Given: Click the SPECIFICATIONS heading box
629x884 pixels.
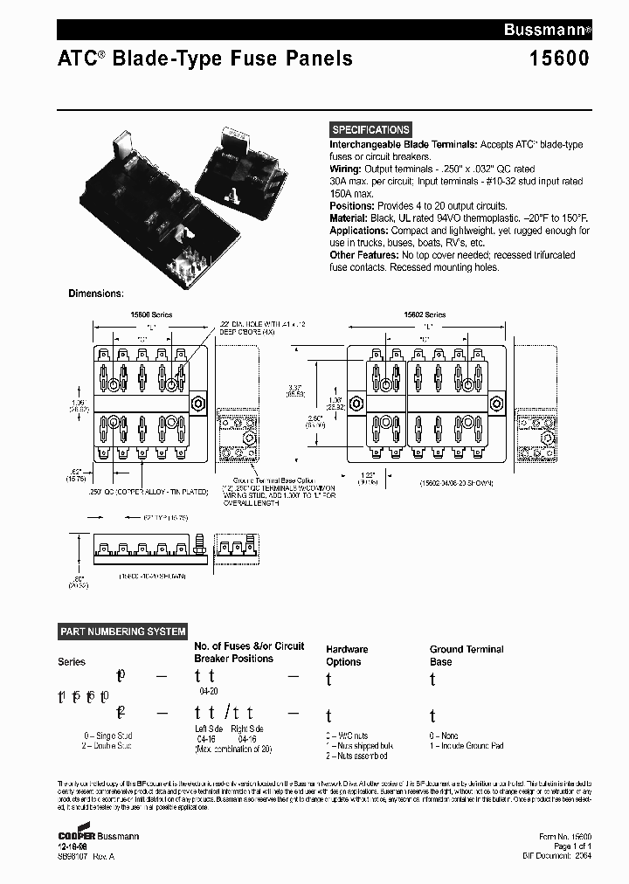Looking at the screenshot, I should pyautogui.click(x=370, y=129).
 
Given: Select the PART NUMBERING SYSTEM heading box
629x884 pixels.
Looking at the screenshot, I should pyautogui.click(x=123, y=632).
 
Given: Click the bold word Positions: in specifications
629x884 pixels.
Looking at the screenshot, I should pyautogui.click(x=353, y=205).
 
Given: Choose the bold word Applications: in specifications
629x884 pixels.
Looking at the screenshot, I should pyautogui.click(x=359, y=231).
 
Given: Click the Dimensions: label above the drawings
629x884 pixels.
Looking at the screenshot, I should pyautogui.click(x=96, y=294).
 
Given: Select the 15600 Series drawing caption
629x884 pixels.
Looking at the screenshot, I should pyautogui.click(x=151, y=314).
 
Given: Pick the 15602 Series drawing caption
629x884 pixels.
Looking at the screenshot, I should pyautogui.click(x=425, y=314).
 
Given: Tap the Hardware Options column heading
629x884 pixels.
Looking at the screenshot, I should pyautogui.click(x=347, y=655).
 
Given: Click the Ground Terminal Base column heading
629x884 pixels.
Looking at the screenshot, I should pyautogui.click(x=467, y=655).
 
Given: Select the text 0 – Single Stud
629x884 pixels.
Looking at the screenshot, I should pyautogui.click(x=108, y=736).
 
